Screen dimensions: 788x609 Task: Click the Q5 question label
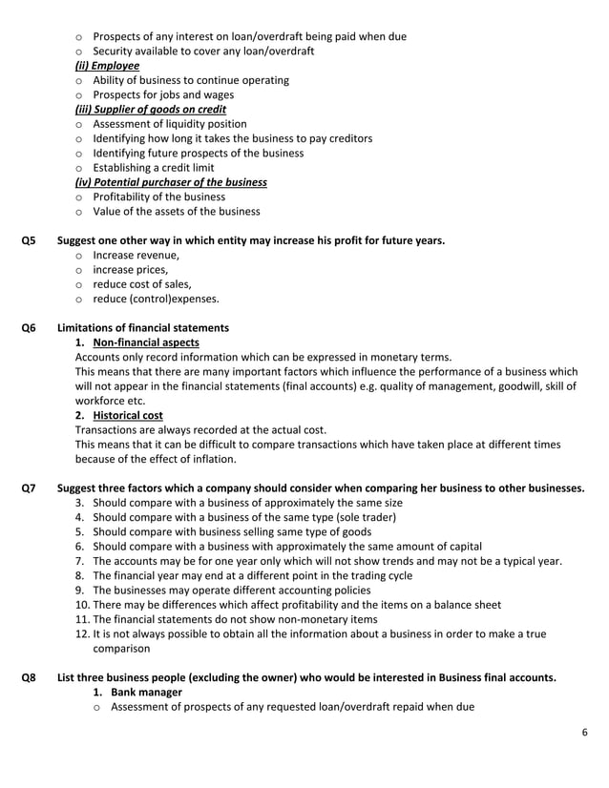[x=29, y=240]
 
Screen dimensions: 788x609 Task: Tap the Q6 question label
[x=29, y=327]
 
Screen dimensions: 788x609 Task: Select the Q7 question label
[x=29, y=487]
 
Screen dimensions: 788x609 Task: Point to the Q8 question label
[x=29, y=677]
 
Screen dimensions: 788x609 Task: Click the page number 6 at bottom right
[x=584, y=732]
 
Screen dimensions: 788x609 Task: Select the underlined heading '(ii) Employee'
[x=107, y=66]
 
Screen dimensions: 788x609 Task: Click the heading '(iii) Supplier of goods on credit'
[x=150, y=110]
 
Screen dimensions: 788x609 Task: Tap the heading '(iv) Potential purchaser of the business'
[x=171, y=182]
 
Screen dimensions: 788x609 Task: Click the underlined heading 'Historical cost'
[x=127, y=415]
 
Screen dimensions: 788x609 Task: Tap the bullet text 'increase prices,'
[x=131, y=270]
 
